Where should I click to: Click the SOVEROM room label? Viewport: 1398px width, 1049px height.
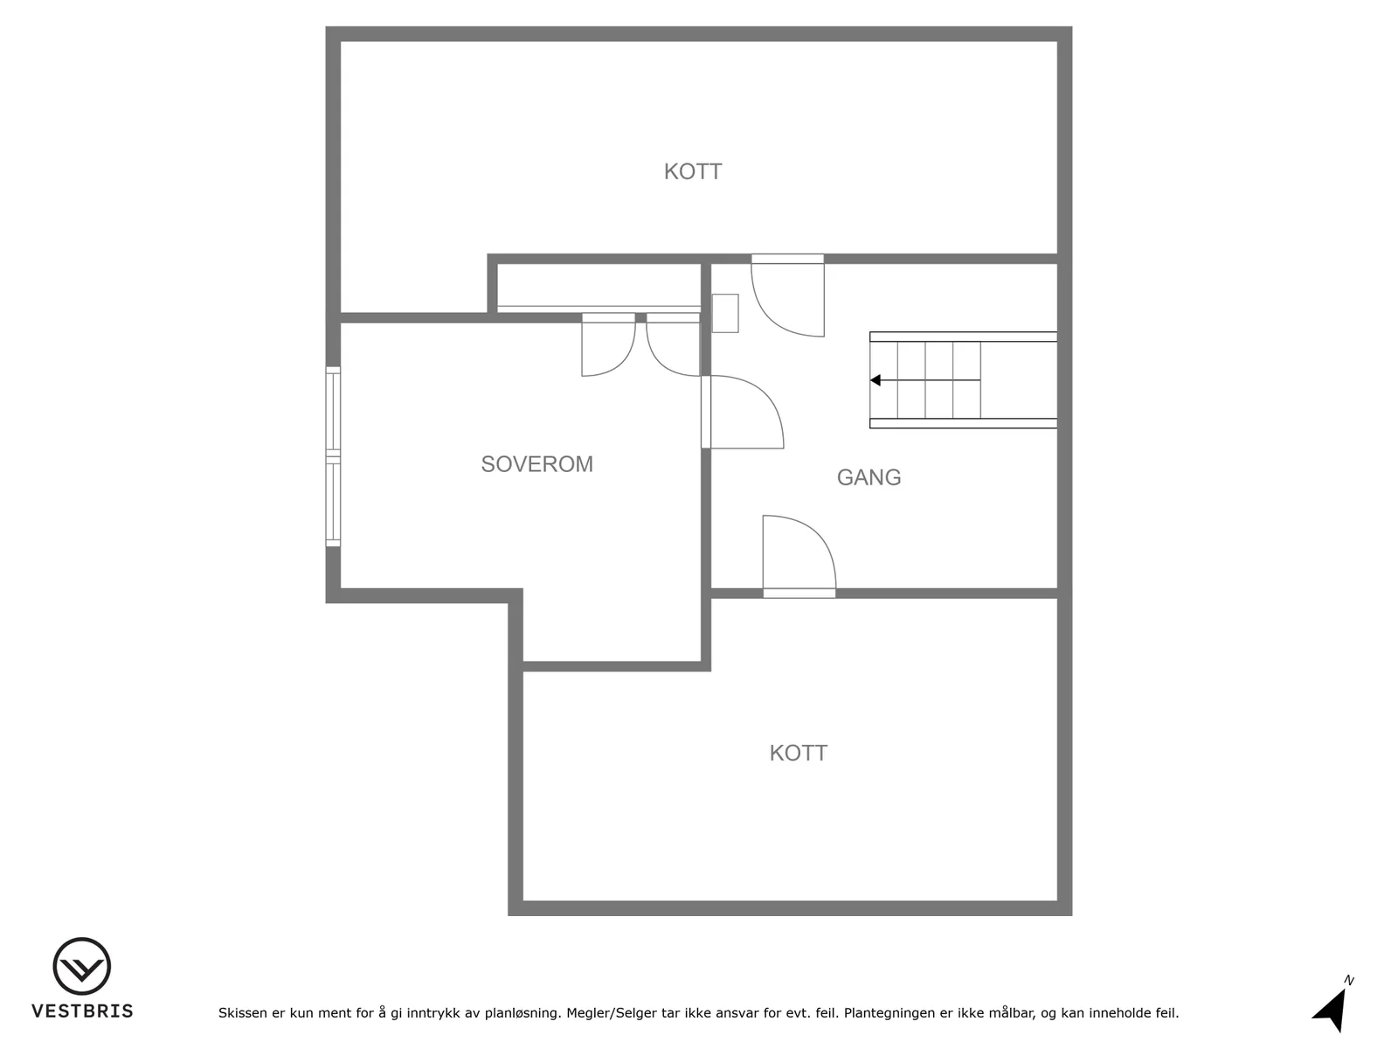tap(536, 464)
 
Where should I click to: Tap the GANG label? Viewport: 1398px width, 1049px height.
tap(869, 477)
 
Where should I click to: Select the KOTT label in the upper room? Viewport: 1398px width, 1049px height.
tap(693, 172)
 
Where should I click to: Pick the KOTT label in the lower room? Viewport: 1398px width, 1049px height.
tap(798, 754)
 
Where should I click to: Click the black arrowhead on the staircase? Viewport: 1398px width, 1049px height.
tap(875, 380)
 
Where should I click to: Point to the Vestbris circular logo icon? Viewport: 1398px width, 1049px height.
tap(81, 966)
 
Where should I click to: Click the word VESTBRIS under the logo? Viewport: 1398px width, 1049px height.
tap(82, 1011)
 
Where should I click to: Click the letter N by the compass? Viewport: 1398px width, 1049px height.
tap(1348, 980)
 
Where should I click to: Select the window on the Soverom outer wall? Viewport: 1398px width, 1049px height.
tap(333, 456)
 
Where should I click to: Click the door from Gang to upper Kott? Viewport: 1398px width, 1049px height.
tap(788, 295)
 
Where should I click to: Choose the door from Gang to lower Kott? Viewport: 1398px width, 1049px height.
tap(799, 557)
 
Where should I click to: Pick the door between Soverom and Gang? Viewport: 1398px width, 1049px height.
tap(743, 412)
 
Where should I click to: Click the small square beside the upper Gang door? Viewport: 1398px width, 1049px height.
tap(725, 313)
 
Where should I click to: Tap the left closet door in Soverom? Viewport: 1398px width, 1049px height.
tap(608, 344)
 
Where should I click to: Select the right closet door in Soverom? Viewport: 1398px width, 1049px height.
tap(673, 344)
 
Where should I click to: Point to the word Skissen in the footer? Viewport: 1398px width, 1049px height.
tap(243, 1012)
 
